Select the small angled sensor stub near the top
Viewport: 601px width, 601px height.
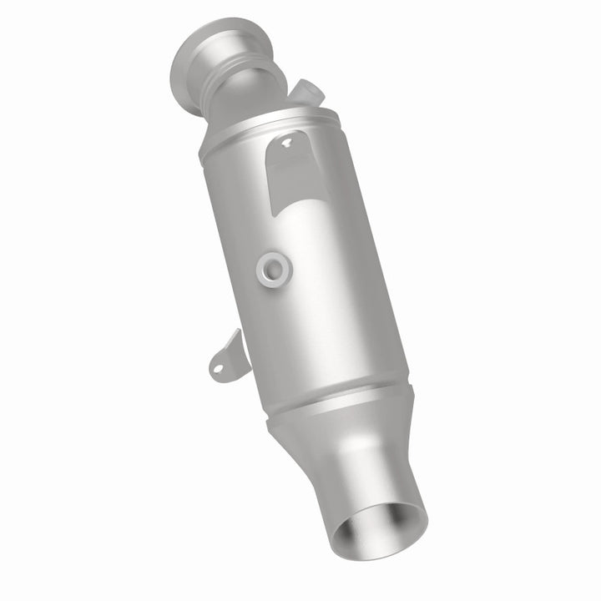pyautogui.click(x=307, y=92)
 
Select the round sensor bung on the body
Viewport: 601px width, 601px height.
pyautogui.click(x=274, y=267)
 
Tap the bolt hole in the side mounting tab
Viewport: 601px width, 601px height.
pyautogui.click(x=219, y=365)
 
